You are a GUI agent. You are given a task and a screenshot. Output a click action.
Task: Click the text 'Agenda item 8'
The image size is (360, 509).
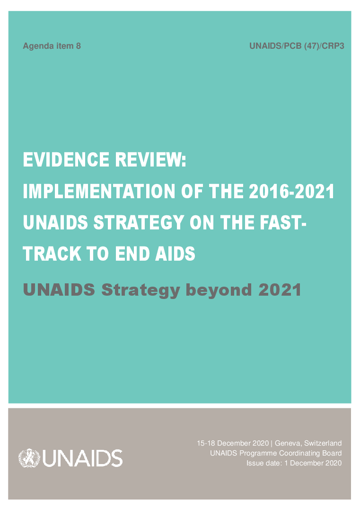point(52,46)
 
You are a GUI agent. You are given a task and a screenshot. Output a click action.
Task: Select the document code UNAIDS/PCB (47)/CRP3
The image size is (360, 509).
point(297,46)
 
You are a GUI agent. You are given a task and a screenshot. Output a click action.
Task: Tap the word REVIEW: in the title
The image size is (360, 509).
point(150,160)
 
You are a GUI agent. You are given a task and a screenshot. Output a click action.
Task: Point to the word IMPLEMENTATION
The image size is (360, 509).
point(99,191)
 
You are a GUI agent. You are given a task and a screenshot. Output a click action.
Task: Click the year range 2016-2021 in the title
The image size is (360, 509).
point(292,191)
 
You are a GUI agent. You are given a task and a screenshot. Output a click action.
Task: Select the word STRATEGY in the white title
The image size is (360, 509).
point(139,222)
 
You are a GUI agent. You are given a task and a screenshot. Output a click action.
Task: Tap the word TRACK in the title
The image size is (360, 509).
point(52,254)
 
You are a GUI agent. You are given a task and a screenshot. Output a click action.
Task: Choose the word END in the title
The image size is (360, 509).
point(132,254)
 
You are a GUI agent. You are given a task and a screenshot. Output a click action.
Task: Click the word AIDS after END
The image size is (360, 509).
point(175,254)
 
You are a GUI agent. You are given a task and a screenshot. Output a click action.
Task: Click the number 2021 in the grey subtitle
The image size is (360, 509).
point(280,290)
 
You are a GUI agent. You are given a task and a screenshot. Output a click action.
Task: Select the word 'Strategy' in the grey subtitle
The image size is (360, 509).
point(140,290)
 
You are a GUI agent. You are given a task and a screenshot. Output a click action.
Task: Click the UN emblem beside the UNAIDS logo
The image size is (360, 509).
point(29,458)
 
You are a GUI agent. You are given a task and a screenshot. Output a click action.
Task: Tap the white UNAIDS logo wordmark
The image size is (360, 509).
point(82,458)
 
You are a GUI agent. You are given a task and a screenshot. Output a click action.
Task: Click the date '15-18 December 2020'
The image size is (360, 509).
point(233,443)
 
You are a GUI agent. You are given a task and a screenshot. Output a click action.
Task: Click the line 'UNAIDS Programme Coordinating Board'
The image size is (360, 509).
point(276,453)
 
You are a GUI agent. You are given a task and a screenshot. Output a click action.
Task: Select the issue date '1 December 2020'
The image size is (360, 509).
point(313,463)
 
